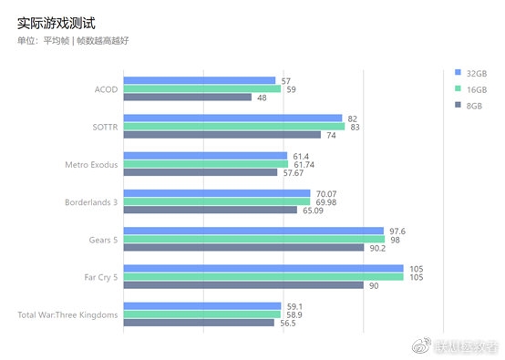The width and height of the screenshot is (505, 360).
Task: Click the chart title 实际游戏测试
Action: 56,19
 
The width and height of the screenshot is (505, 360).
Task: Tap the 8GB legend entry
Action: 469,106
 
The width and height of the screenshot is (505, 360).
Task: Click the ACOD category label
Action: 106,89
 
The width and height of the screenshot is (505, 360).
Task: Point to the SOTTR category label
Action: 104,127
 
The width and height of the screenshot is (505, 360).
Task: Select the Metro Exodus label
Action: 91,164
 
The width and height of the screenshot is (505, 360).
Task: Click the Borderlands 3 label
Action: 91,201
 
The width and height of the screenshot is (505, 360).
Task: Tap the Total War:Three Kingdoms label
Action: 67,314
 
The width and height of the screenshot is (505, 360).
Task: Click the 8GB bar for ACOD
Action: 187,98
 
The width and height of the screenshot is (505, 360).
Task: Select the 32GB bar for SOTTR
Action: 232,118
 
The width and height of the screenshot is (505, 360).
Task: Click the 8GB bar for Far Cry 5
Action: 243,284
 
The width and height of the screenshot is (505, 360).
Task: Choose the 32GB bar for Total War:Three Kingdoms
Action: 201,306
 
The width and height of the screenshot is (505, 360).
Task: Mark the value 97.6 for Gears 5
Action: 398,231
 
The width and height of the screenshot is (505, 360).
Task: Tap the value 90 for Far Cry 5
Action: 373,284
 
